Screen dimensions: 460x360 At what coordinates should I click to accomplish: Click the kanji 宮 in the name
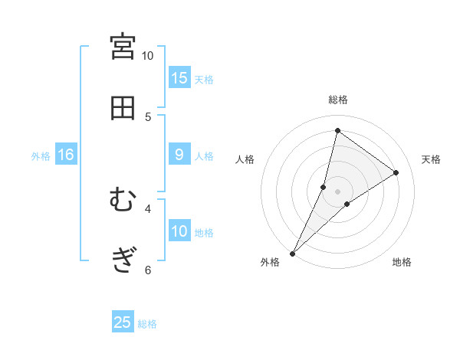point(123,47)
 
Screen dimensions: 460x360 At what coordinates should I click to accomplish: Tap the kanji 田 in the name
point(123,109)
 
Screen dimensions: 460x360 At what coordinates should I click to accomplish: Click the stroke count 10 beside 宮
point(148,56)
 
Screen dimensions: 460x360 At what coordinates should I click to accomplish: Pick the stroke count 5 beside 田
point(148,117)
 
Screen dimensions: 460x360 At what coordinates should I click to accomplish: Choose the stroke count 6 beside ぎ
point(148,270)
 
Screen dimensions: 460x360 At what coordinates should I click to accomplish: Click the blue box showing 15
point(179,77)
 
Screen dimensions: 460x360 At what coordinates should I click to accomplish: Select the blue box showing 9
point(179,155)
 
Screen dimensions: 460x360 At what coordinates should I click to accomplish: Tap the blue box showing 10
point(179,231)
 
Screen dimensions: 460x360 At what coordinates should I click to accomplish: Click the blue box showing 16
point(66,155)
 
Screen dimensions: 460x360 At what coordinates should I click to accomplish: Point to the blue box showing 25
point(123,322)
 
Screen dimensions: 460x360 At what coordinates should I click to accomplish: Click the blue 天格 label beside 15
point(204,79)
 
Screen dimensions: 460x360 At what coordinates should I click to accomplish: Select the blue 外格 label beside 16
point(41,156)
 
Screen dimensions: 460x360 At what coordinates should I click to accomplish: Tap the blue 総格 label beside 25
point(147,324)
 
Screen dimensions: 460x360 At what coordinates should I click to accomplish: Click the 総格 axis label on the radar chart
point(338,100)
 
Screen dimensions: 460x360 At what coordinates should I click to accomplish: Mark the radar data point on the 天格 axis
point(396,172)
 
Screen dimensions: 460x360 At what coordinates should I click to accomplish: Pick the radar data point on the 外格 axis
point(293,253)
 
